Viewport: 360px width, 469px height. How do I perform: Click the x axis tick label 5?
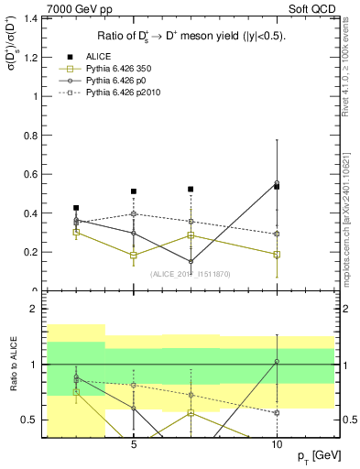coord(135,444)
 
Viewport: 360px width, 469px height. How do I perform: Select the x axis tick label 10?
coord(277,444)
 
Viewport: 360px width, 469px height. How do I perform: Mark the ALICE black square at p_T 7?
coord(191,189)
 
